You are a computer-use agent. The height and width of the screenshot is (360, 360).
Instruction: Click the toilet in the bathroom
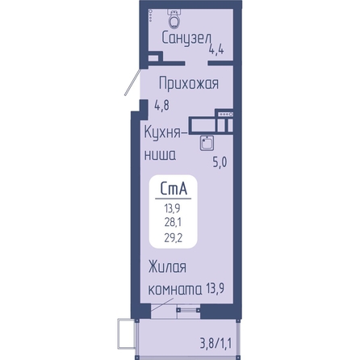174,18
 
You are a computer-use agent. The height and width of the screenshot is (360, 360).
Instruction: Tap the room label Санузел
186,39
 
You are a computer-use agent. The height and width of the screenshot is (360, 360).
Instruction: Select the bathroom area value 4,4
216,49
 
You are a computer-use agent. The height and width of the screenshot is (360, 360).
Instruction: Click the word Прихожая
189,83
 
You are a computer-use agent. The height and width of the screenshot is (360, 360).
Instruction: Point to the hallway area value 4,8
161,105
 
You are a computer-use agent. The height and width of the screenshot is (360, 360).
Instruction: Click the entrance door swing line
132,82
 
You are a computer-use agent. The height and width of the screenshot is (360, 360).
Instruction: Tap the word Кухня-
165,132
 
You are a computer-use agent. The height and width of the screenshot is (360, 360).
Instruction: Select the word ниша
161,155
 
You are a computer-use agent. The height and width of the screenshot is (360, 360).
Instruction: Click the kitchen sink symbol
207,143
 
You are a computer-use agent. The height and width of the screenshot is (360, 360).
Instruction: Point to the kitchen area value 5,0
220,162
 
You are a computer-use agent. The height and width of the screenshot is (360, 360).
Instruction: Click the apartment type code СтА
174,188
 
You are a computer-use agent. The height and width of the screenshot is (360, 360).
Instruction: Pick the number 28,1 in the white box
173,222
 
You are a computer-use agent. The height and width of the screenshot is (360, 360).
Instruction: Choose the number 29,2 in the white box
174,237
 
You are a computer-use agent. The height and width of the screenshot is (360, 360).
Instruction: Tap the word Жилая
167,267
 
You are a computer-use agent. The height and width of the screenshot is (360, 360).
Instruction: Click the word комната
175,290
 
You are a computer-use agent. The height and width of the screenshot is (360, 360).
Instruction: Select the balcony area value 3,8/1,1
216,344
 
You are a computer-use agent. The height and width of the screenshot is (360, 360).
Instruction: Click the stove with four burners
225,115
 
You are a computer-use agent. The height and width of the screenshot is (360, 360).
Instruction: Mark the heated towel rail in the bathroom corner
150,15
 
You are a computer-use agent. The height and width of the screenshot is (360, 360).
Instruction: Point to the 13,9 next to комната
216,289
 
